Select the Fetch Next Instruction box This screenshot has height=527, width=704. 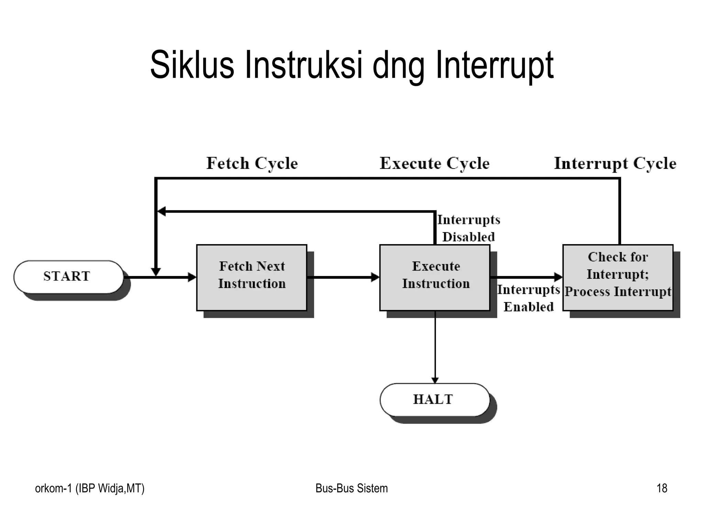(x=252, y=277)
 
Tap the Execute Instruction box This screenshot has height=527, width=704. (x=435, y=277)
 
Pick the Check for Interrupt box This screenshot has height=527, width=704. (x=618, y=277)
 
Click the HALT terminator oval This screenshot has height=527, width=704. (x=434, y=400)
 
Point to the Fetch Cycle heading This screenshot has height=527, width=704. (x=252, y=163)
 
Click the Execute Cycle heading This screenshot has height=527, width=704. (x=434, y=163)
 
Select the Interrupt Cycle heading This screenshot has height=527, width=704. (x=615, y=163)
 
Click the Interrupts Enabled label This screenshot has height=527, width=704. (x=528, y=298)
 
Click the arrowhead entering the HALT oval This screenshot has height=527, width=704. (x=435, y=380)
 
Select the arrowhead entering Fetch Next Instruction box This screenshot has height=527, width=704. (x=192, y=277)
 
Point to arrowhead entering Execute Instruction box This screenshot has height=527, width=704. (x=375, y=277)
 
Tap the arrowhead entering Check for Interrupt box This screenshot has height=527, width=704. (x=558, y=277)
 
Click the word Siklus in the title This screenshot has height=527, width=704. (x=192, y=65)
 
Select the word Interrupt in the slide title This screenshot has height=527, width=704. (x=495, y=65)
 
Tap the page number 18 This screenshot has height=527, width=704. (x=662, y=488)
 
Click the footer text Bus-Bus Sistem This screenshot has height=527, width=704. (x=351, y=488)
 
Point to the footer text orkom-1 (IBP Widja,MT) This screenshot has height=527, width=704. (x=90, y=488)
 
